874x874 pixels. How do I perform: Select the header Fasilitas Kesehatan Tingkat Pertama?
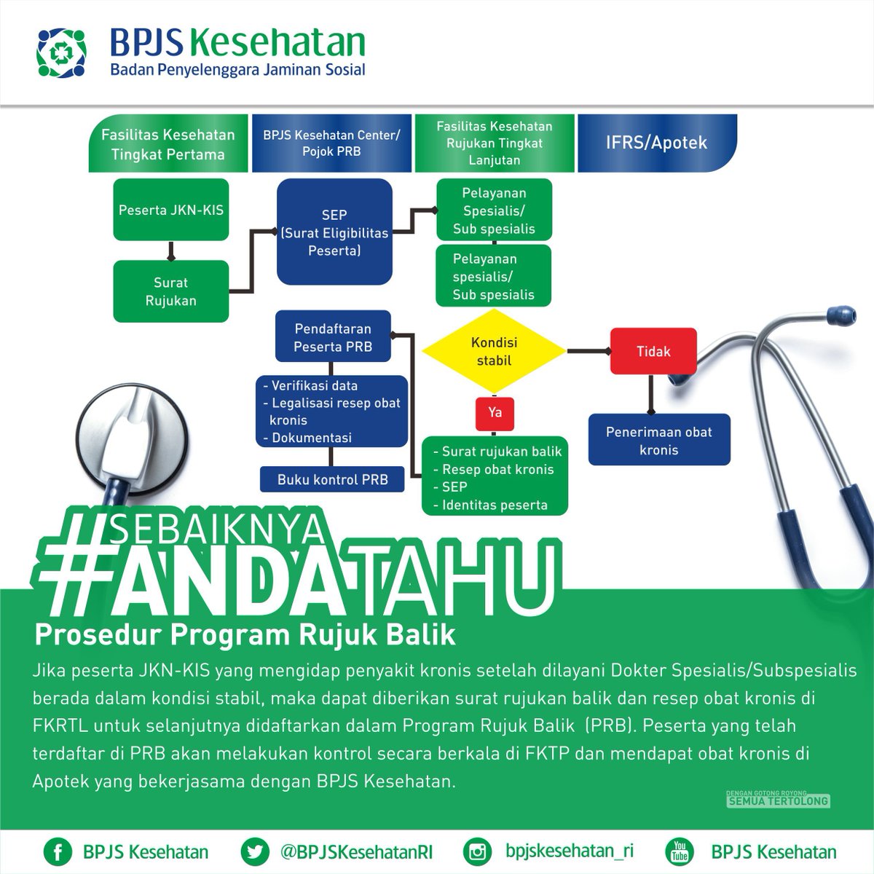tap(168, 143)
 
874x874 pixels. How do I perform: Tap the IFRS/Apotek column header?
tap(656, 143)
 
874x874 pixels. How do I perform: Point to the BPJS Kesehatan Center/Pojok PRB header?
tap(331, 143)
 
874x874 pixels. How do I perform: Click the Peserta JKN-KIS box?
tap(171, 210)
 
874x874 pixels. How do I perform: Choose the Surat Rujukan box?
tap(171, 291)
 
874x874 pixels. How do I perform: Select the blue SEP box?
tap(334, 232)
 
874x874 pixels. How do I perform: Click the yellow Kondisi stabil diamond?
tap(494, 351)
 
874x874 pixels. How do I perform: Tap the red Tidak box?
tap(653, 351)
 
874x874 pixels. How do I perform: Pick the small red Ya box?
tap(495, 412)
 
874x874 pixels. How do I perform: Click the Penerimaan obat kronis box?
tap(658, 441)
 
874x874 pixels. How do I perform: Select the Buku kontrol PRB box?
tap(333, 479)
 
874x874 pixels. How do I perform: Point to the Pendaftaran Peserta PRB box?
tap(333, 338)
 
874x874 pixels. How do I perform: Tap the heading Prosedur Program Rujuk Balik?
tap(245, 635)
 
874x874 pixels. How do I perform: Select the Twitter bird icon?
tap(253, 851)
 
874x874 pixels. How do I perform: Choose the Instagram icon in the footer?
tap(478, 851)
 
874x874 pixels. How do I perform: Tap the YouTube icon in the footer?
tap(680, 851)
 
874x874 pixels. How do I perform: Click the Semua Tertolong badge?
tap(778, 800)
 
